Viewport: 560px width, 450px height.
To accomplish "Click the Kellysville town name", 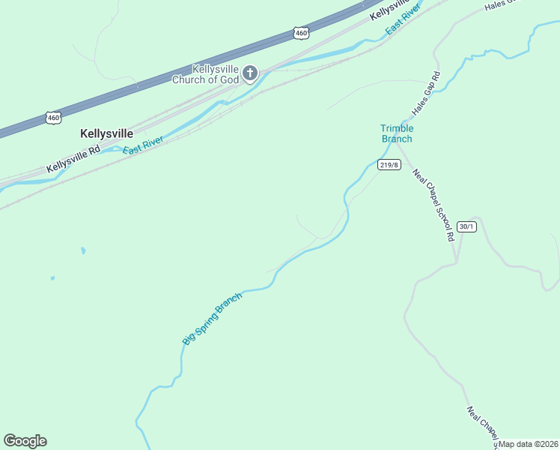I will click(x=106, y=133).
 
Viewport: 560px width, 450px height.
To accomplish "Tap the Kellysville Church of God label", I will click(x=205, y=74).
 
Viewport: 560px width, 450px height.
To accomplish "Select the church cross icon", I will click(x=250, y=73).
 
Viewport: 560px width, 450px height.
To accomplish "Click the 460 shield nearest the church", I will click(x=301, y=33).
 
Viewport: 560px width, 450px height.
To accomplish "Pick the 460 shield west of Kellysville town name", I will click(x=52, y=118).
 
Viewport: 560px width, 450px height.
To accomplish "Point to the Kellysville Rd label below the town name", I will click(x=73, y=159).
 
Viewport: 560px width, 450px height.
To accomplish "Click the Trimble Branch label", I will click(x=397, y=133).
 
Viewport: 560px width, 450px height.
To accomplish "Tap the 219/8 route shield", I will click(x=389, y=165).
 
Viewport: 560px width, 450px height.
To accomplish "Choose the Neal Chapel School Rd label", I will click(x=433, y=204).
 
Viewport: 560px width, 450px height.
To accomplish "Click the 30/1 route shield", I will click(x=466, y=226).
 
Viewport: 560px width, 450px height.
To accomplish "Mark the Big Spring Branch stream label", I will click(x=213, y=319).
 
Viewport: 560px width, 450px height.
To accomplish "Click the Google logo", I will click(x=25, y=441).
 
